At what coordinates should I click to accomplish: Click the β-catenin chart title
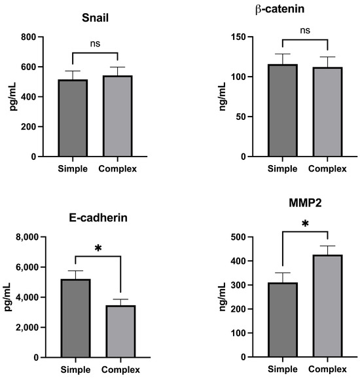283,9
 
